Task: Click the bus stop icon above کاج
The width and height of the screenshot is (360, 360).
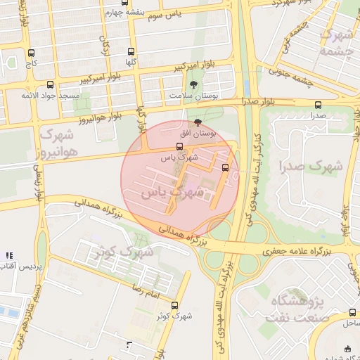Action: [30, 53]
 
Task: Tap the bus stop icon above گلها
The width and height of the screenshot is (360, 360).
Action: [131, 51]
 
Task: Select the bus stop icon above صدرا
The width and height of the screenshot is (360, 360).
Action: [318, 105]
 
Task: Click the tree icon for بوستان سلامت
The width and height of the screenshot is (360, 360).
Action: [193, 84]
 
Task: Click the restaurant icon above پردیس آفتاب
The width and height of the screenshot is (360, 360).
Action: [8, 255]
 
